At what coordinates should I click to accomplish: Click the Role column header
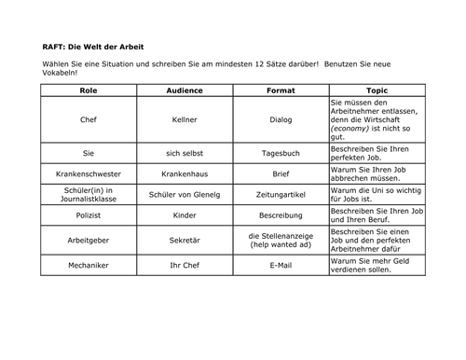[89, 90]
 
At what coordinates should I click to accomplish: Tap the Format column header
[281, 90]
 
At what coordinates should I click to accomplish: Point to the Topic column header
[377, 90]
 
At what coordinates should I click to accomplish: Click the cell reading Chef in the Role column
[89, 119]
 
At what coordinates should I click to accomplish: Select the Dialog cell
[281, 119]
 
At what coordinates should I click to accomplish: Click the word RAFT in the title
[54, 47]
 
